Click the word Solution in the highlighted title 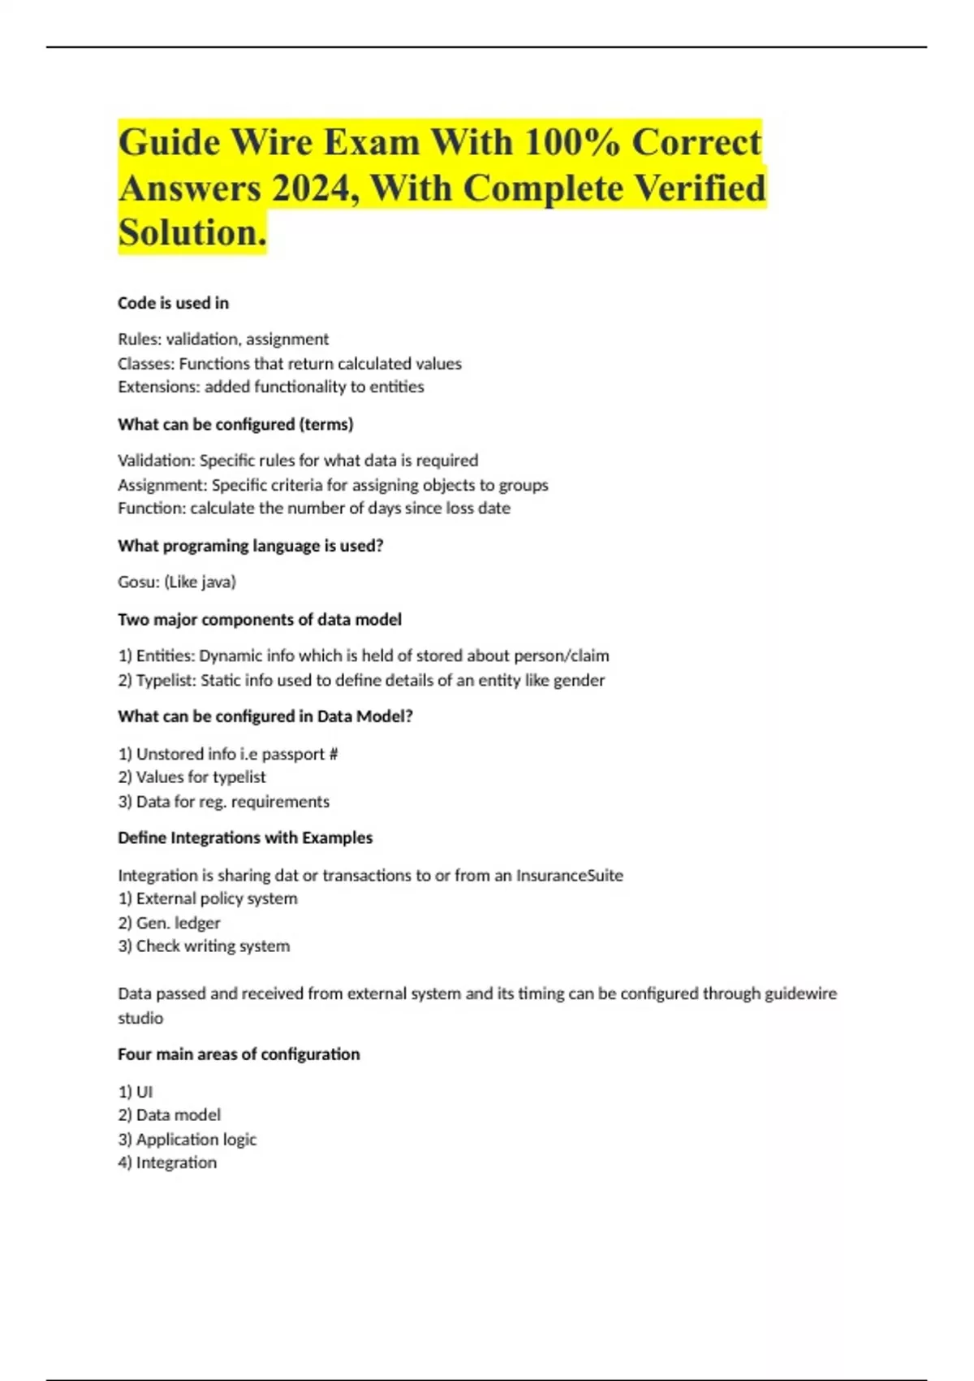coord(192,233)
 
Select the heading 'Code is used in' coord(173,303)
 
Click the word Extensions coord(157,387)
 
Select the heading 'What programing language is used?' coord(250,546)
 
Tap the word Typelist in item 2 coord(166,680)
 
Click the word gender coord(580,680)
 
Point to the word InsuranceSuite coord(570,875)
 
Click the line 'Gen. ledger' coord(169,923)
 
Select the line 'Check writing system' coord(204,946)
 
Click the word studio coord(140,1018)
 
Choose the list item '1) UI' coord(136,1092)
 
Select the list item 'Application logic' coord(187,1139)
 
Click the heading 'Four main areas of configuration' coord(239,1054)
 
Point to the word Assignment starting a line coord(162,485)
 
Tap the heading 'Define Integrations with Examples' coord(245,838)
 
